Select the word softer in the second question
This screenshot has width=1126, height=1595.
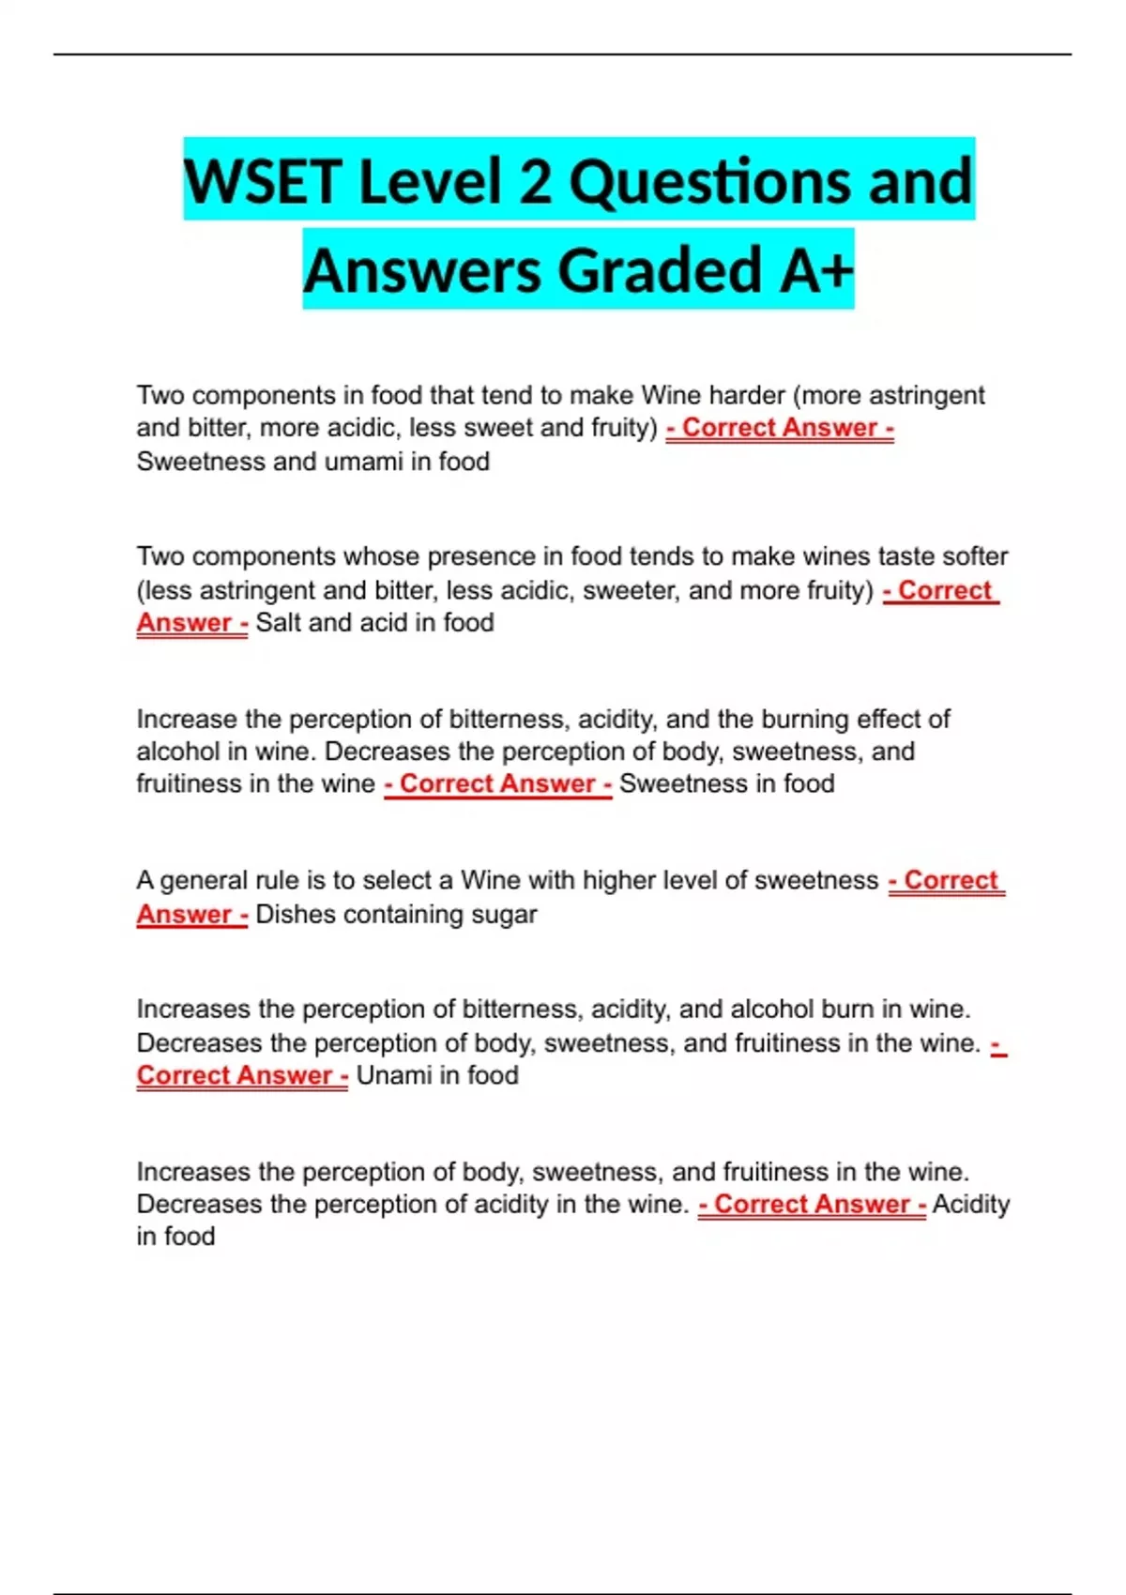[x=975, y=556]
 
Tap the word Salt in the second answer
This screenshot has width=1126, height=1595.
[x=278, y=622]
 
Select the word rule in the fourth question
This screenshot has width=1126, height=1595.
[x=281, y=880]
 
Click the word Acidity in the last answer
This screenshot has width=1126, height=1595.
[x=970, y=1204]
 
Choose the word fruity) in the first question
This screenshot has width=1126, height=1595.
[x=624, y=428]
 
